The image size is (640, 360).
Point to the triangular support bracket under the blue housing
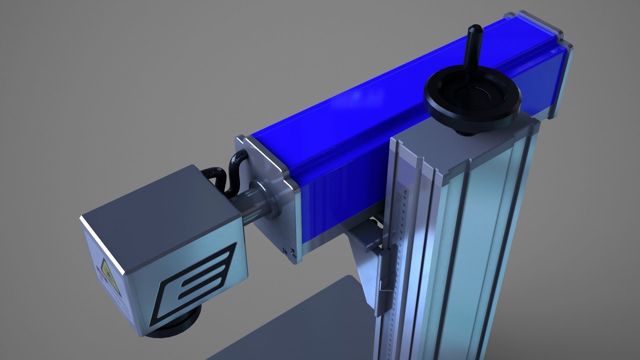[363, 267]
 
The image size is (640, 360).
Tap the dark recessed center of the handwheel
[473, 95]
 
